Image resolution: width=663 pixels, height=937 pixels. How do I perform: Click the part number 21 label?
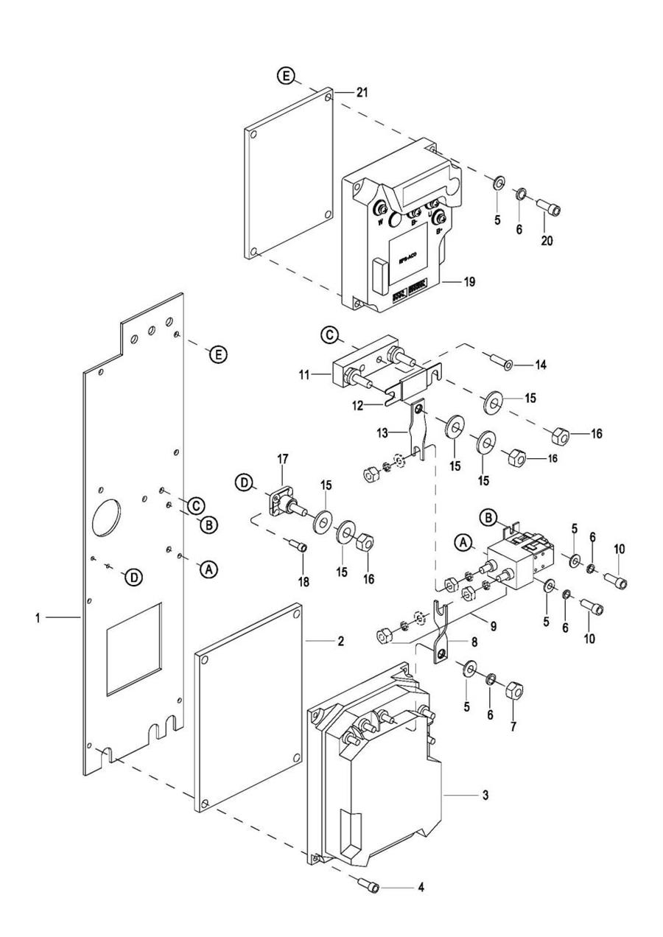tap(362, 93)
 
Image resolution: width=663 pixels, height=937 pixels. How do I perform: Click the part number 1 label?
tap(37, 617)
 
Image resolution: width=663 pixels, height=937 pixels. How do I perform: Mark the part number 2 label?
tap(340, 641)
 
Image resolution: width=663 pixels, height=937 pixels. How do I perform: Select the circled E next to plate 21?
tap(286, 76)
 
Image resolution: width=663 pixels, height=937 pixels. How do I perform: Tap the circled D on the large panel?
tap(133, 578)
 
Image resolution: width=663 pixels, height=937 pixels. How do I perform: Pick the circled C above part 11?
tap(331, 336)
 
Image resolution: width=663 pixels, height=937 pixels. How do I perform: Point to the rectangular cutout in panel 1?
tap(133, 648)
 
